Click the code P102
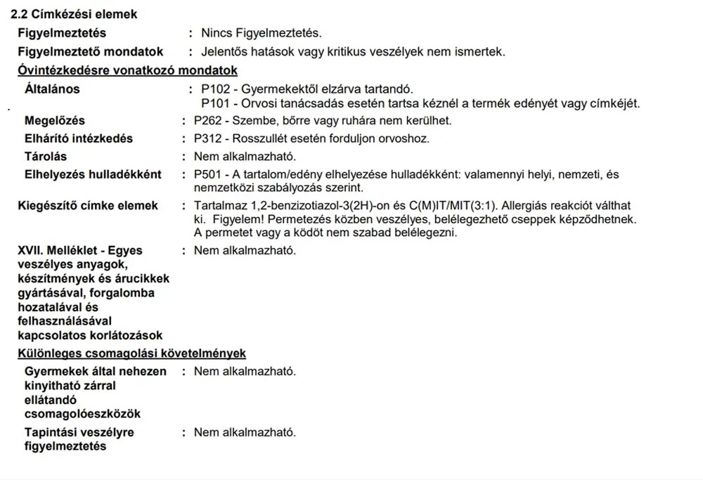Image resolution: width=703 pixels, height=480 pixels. click(x=214, y=89)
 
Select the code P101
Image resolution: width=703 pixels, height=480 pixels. click(x=214, y=103)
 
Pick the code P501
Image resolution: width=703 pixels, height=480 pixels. click(x=207, y=174)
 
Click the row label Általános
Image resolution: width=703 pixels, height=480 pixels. click(x=52, y=89)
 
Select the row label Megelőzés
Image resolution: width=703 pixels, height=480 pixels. click(x=55, y=121)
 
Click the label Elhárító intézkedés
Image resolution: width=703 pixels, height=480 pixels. click(x=79, y=138)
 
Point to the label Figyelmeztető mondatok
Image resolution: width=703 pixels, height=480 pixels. click(x=90, y=51)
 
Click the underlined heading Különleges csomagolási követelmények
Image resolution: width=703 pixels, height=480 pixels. click(x=131, y=353)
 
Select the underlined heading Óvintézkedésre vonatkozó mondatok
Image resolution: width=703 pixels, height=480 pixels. click(x=127, y=70)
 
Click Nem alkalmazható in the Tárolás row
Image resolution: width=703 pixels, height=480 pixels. click(x=245, y=157)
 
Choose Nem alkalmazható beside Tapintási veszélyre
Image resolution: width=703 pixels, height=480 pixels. click(x=245, y=432)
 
